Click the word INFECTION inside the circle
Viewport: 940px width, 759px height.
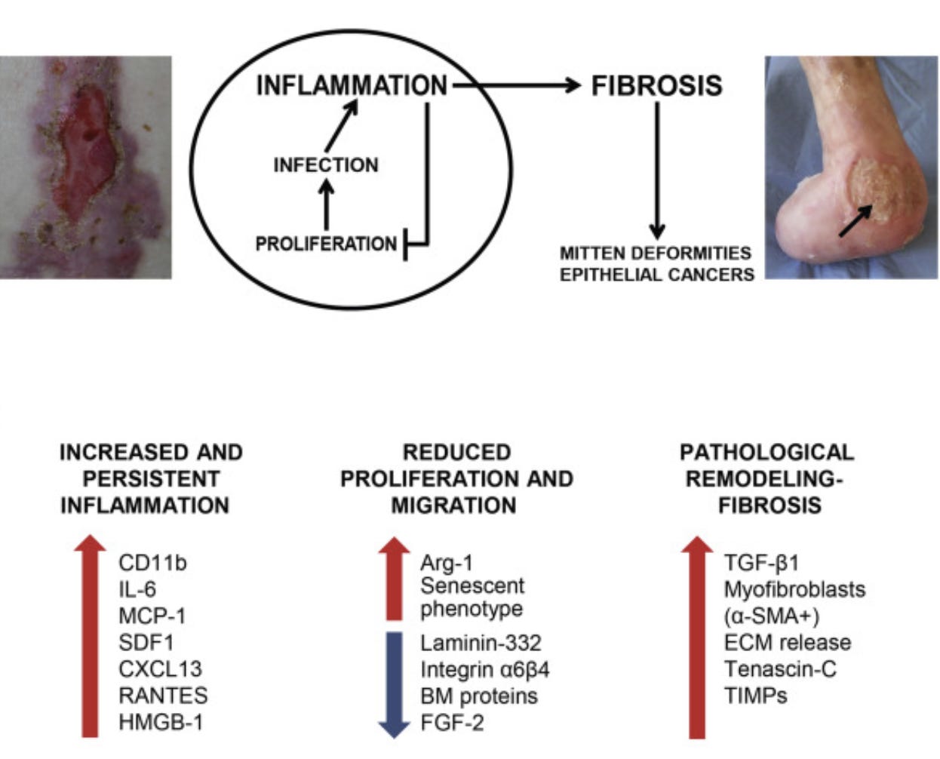point(326,164)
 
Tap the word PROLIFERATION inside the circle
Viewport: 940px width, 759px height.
point(326,244)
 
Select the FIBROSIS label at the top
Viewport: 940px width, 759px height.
point(656,86)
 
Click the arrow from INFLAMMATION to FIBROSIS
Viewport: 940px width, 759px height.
point(521,86)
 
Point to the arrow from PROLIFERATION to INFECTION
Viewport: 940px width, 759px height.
point(326,205)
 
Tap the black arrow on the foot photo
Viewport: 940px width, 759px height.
point(857,220)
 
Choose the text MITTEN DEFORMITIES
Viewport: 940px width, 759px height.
point(656,253)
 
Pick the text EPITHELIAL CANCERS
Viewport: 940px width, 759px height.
point(656,275)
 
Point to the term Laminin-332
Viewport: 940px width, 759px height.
point(481,643)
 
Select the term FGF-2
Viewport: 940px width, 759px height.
point(452,722)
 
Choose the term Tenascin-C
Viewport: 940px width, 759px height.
point(780,668)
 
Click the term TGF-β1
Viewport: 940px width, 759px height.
point(761,563)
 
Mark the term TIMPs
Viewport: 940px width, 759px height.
point(755,695)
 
